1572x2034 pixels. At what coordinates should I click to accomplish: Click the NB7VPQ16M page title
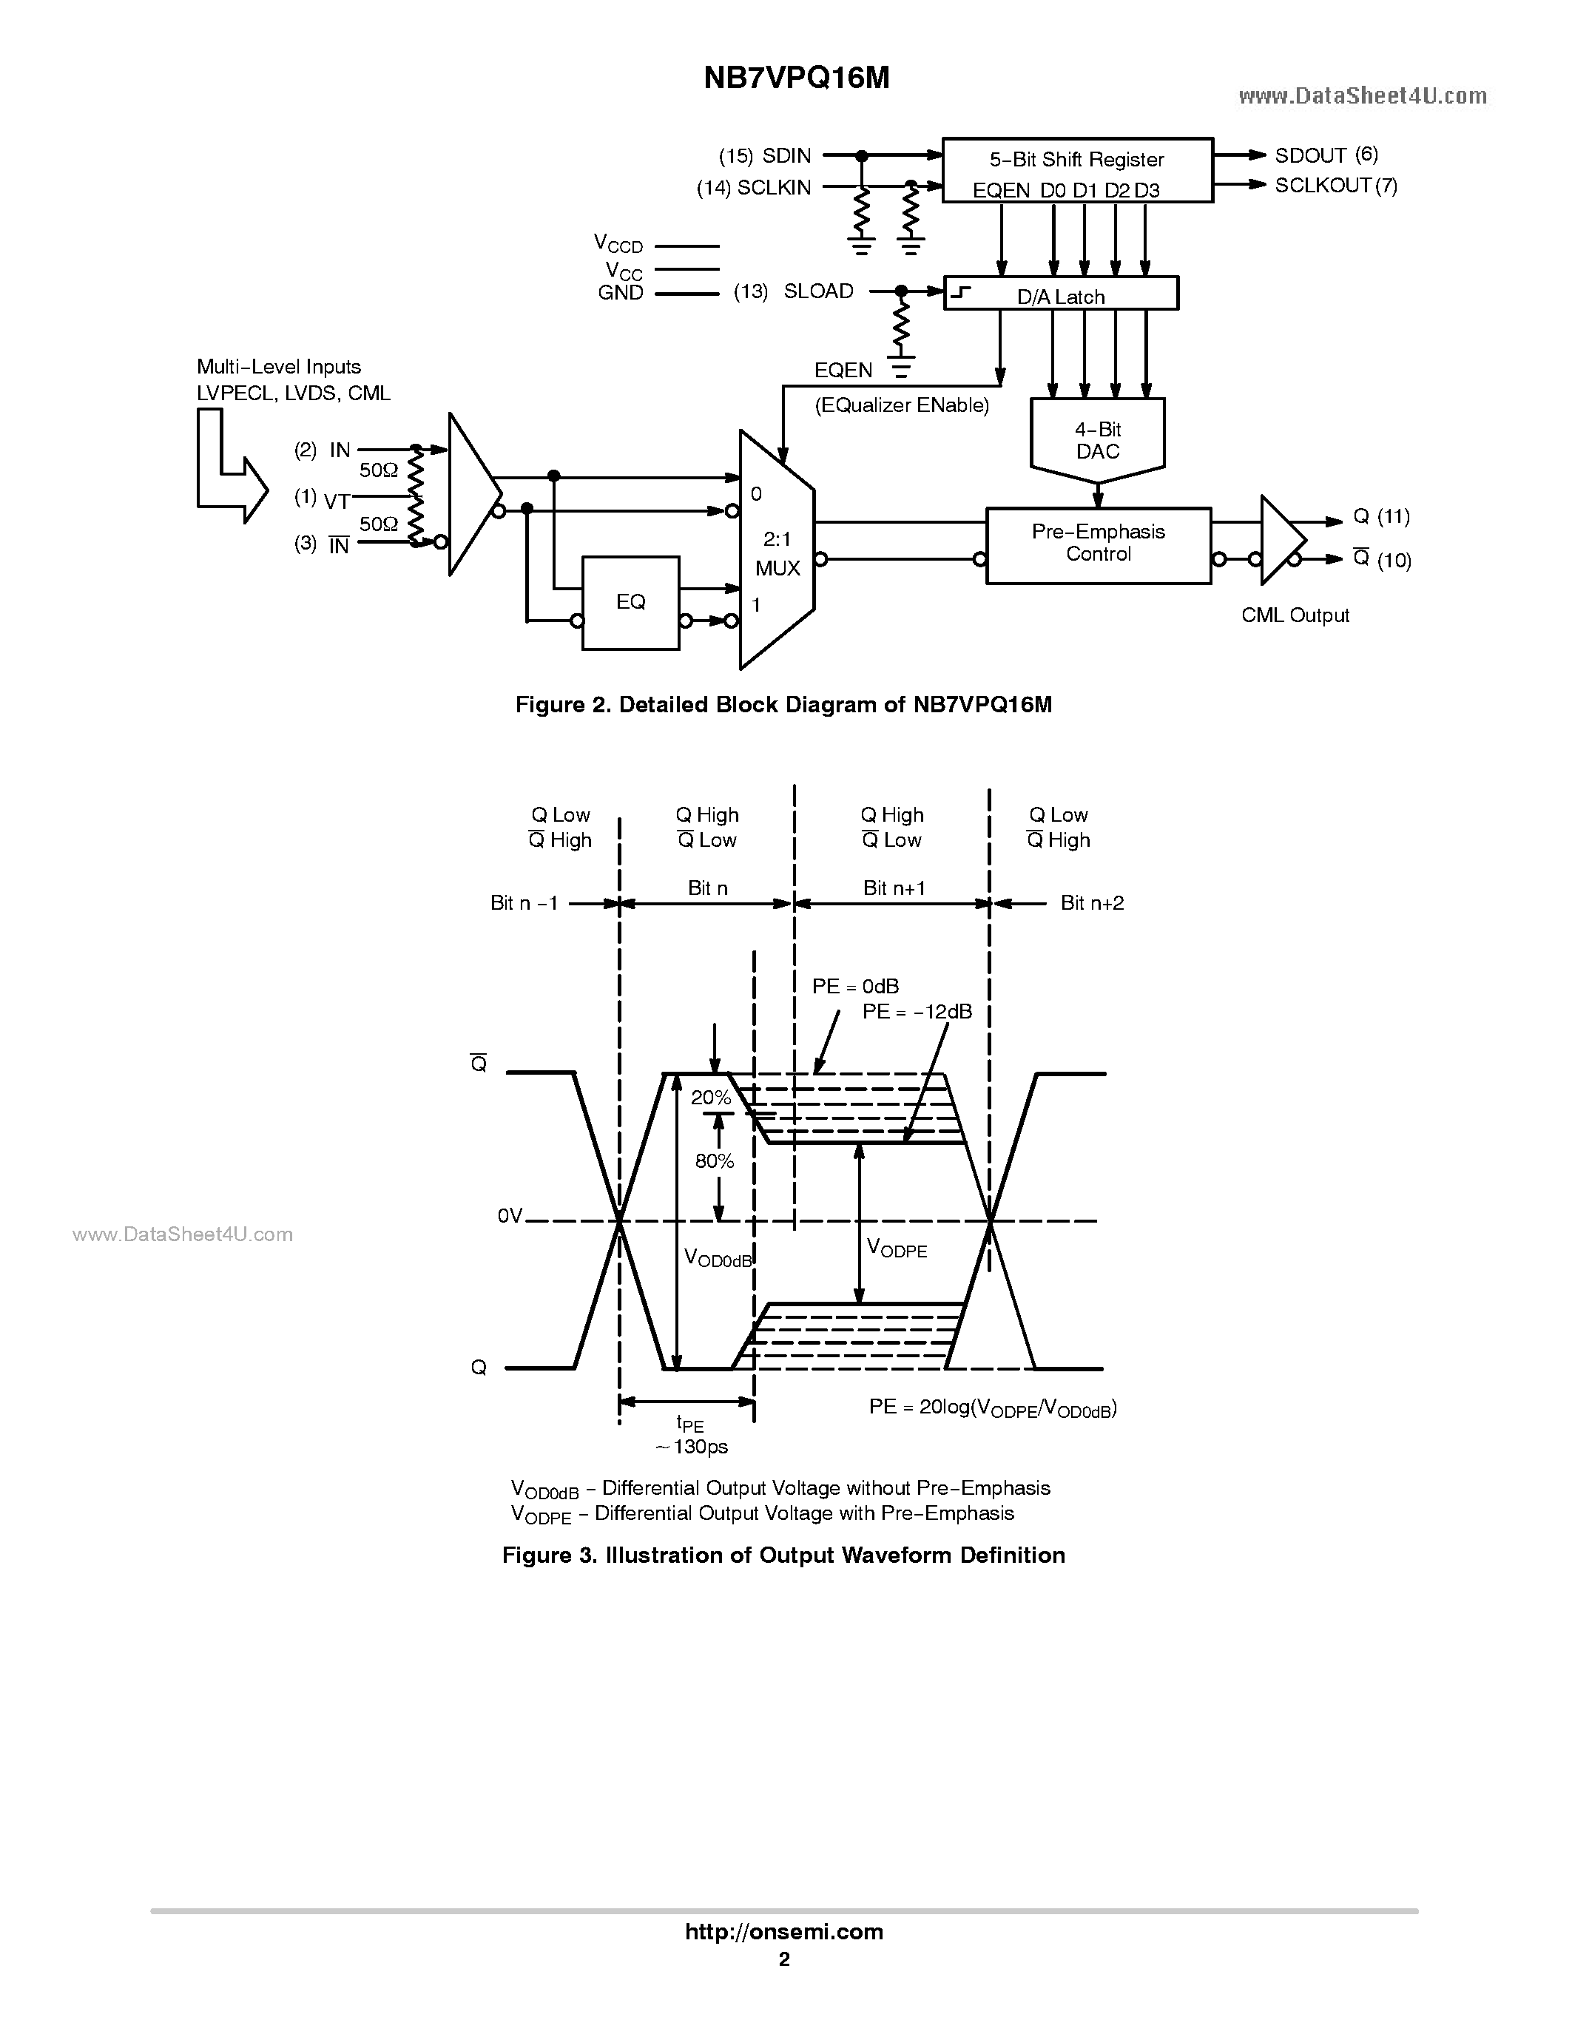pos(796,78)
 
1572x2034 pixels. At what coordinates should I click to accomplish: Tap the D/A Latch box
pos(1061,294)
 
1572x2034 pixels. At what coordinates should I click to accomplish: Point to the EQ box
pos(630,603)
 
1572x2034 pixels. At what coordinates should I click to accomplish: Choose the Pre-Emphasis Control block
pos(1098,545)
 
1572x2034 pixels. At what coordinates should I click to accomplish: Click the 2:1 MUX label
pos(777,553)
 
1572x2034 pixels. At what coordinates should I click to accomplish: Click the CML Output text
pos(1295,615)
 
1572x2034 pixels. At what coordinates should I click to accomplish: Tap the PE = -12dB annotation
pos(917,1011)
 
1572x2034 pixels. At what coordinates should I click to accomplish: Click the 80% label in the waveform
pos(715,1160)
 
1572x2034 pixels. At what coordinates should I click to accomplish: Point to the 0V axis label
pos(510,1216)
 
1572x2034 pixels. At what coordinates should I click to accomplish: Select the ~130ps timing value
pos(690,1446)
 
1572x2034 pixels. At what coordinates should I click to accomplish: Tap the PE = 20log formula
pos(992,1408)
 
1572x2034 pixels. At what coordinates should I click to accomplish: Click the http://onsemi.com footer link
pos(784,1931)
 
